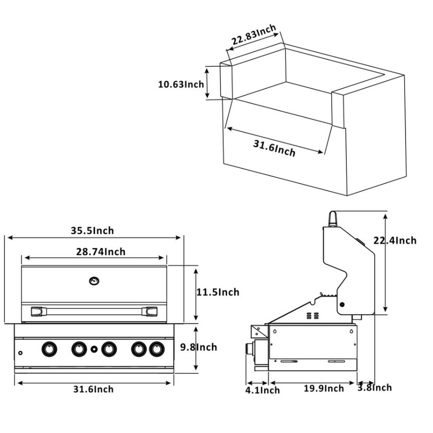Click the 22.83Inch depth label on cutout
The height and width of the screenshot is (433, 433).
[x=253, y=37]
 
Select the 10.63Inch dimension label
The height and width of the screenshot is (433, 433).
[x=181, y=84]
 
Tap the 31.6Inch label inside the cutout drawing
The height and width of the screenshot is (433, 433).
[x=274, y=148]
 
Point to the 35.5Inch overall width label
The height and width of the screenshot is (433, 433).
[x=92, y=230]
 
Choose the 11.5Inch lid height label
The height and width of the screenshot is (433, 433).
[x=218, y=292]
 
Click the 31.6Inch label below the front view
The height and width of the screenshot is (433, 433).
[x=93, y=389]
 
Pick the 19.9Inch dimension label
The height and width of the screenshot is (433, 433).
[x=324, y=389]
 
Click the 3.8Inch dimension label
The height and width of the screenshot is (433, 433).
[x=375, y=388]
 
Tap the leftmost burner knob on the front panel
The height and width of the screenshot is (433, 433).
[x=48, y=349]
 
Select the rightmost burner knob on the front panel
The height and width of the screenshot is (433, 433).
[x=156, y=349]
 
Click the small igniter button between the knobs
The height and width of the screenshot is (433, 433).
[x=94, y=349]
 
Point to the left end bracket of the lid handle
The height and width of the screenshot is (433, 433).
[x=37, y=311]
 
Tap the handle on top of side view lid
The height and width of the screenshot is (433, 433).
[x=333, y=219]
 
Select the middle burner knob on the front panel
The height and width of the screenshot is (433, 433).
[x=109, y=349]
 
